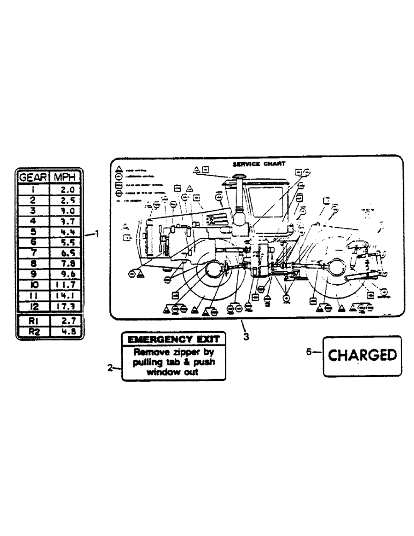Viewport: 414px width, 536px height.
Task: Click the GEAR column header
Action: click(x=33, y=177)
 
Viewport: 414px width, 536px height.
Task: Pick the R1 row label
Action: click(x=33, y=321)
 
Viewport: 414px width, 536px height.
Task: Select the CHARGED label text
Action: click(x=362, y=355)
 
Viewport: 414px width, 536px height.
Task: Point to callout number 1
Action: click(x=97, y=233)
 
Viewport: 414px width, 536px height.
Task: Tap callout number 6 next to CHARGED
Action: click(x=308, y=352)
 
